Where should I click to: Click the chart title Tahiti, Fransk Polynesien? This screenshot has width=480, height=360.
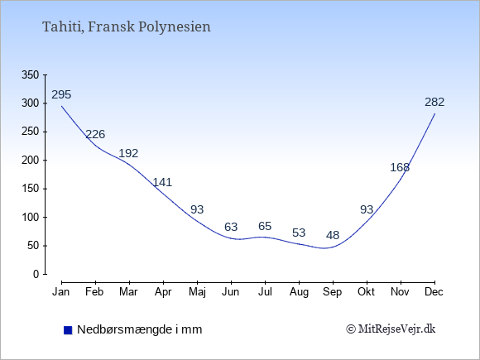127,27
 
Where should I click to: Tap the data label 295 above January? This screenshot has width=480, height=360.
61,94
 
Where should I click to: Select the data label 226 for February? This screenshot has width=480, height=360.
95,134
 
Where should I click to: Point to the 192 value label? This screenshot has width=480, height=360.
128,153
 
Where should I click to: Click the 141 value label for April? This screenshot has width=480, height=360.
162,182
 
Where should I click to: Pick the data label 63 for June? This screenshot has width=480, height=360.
231,227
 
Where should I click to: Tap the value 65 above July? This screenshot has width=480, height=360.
265,226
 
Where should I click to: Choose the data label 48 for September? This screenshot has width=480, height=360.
333,235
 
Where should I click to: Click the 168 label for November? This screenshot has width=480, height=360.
400,167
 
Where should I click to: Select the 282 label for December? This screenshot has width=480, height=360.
434,102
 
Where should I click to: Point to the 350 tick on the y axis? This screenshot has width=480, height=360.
31,74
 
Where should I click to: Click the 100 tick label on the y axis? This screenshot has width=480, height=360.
31,217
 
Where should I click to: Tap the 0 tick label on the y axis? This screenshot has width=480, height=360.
36,274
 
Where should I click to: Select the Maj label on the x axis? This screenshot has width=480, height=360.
197,292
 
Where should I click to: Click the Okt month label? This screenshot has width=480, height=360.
366,292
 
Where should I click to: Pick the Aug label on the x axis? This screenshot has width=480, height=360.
299,292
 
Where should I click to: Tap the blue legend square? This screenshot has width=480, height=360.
68,330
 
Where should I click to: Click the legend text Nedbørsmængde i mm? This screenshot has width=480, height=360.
140,329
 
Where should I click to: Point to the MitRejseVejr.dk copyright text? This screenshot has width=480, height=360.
391,329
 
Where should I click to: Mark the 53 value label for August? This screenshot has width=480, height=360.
299,233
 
